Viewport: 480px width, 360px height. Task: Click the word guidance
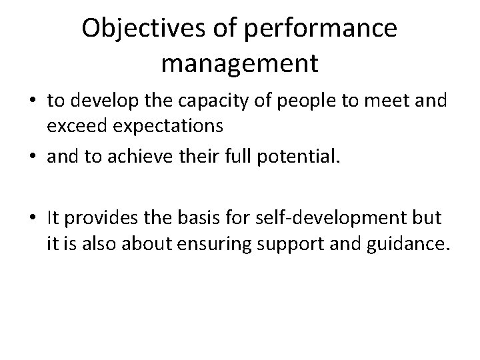click(x=406, y=243)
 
